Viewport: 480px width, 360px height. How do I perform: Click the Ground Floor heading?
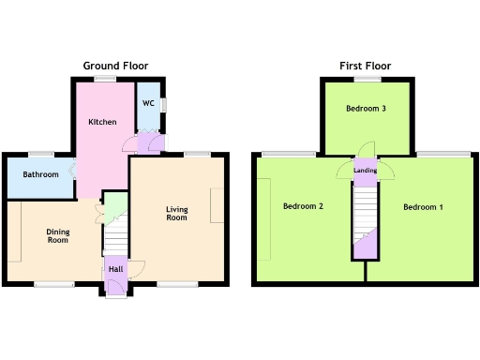click(x=115, y=66)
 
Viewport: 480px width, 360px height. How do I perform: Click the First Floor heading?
click(x=366, y=66)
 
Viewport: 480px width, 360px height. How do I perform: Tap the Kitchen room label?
click(x=102, y=123)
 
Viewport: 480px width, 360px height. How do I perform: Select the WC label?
click(x=148, y=103)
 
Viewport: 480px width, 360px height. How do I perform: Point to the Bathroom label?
click(x=41, y=174)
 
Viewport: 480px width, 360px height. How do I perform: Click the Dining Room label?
click(x=58, y=235)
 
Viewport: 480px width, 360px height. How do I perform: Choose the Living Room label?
click(x=176, y=213)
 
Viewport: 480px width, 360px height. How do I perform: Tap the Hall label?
click(x=115, y=269)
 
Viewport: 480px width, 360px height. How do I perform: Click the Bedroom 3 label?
click(x=366, y=109)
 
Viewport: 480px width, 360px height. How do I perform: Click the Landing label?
click(x=366, y=171)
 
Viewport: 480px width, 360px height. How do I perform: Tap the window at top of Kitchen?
click(x=103, y=80)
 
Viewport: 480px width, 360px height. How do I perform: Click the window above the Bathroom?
click(x=40, y=153)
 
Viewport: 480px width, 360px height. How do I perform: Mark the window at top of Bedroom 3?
click(x=367, y=80)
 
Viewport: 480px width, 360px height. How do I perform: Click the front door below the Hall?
click(x=115, y=293)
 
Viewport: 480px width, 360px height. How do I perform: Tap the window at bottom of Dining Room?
click(x=54, y=283)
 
